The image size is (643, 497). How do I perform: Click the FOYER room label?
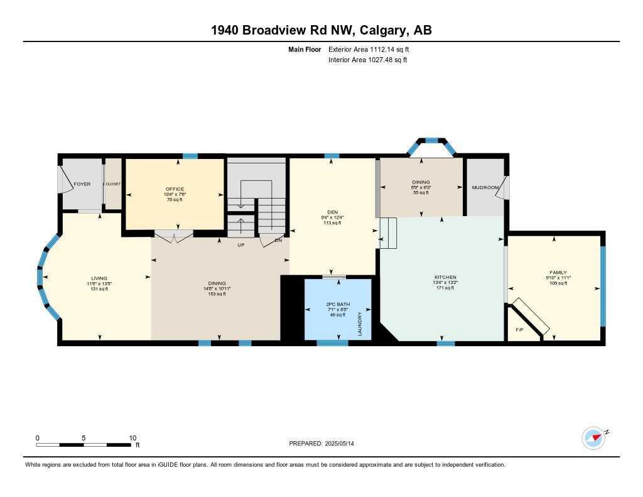click(x=82, y=184)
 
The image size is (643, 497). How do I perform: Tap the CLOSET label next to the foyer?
click(x=113, y=184)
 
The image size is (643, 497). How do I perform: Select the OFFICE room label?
click(x=175, y=188)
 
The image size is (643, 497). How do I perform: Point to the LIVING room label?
click(x=99, y=278)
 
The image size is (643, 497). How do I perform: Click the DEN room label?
click(x=332, y=212)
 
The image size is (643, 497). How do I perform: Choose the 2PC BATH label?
click(x=333, y=303)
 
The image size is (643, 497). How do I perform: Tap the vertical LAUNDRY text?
click(x=360, y=324)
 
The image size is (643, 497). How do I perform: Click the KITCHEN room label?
click(x=445, y=277)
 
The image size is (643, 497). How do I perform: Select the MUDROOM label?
click(x=485, y=187)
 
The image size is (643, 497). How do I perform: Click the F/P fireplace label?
click(x=519, y=330)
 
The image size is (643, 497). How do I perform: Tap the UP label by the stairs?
click(x=240, y=245)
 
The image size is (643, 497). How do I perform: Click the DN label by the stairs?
click(x=278, y=241)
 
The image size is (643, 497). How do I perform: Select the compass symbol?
click(x=593, y=437)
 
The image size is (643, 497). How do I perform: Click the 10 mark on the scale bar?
click(x=132, y=438)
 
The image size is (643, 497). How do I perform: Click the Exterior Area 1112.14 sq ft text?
click(x=369, y=49)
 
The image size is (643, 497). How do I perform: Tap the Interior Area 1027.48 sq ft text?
click(x=368, y=60)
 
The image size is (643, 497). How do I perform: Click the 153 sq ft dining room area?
click(x=217, y=294)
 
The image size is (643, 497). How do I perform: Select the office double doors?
click(x=174, y=236)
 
